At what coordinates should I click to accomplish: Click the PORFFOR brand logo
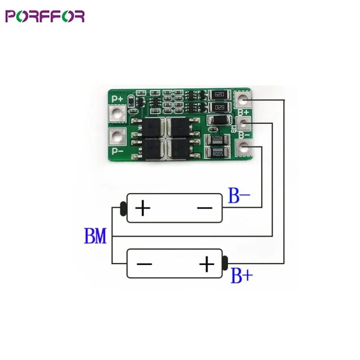point(45,16)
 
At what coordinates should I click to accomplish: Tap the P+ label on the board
point(118,98)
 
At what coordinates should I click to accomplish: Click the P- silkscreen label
point(118,151)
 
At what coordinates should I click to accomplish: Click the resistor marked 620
point(220,94)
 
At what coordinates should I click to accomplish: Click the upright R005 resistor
point(218,153)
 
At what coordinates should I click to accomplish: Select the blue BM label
point(95,236)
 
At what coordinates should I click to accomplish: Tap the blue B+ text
point(242,275)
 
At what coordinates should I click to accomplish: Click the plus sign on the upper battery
point(143,208)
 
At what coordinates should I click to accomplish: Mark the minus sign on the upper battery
point(205,208)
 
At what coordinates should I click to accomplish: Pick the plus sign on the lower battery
point(207,264)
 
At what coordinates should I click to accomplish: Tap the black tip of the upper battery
point(123,208)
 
